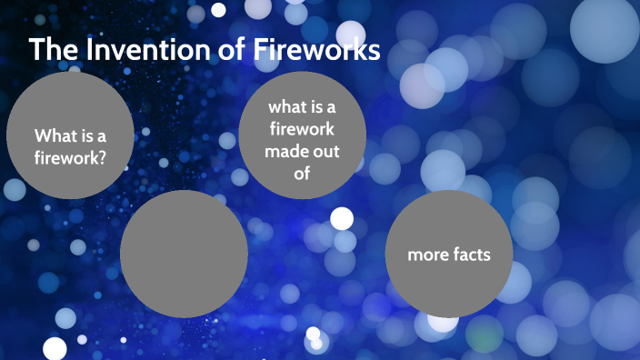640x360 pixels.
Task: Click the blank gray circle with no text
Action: point(184,254)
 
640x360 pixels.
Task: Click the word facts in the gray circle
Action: point(472,255)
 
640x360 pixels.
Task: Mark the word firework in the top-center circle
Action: point(302,130)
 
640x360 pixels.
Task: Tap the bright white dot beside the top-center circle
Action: point(342,218)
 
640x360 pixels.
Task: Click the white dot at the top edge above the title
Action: point(218,10)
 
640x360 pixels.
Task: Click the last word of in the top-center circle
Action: point(302,173)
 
